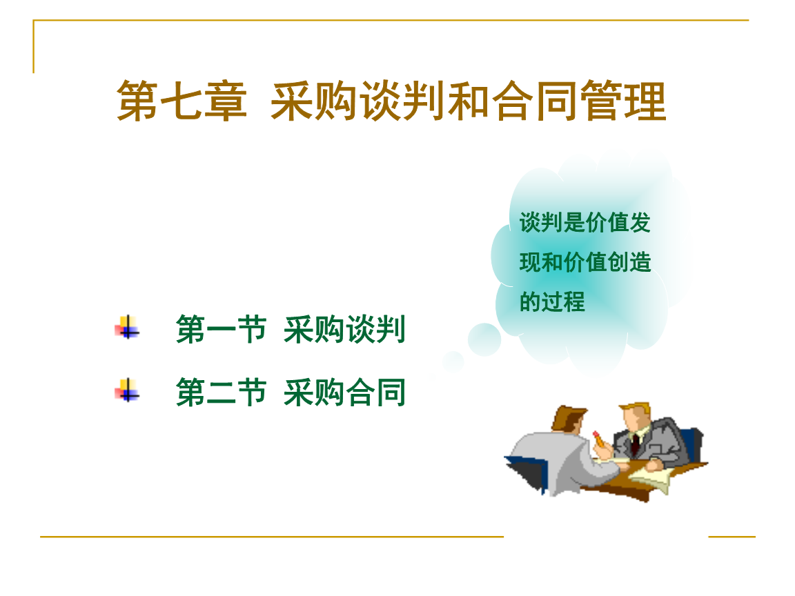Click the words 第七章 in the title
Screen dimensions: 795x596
[182, 101]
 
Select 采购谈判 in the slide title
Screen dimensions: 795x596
[358, 101]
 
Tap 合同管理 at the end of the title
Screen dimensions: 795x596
[578, 101]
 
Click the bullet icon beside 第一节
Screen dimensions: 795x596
[127, 328]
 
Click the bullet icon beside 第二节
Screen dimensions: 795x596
[127, 390]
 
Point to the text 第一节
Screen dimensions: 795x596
[221, 330]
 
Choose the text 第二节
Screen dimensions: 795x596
[221, 393]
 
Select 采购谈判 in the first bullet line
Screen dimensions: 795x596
[345, 330]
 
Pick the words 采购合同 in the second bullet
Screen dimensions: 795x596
[345, 393]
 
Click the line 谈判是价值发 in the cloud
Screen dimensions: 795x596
[585, 223]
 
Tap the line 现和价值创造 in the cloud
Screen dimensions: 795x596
[585, 262]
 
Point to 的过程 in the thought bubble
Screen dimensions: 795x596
[552, 301]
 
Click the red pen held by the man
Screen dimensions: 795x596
[599, 439]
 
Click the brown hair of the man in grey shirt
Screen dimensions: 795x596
[567, 417]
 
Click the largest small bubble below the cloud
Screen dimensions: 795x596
[484, 339]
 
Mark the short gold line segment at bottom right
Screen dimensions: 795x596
[732, 536]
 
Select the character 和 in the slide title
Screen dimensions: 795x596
[468, 101]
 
